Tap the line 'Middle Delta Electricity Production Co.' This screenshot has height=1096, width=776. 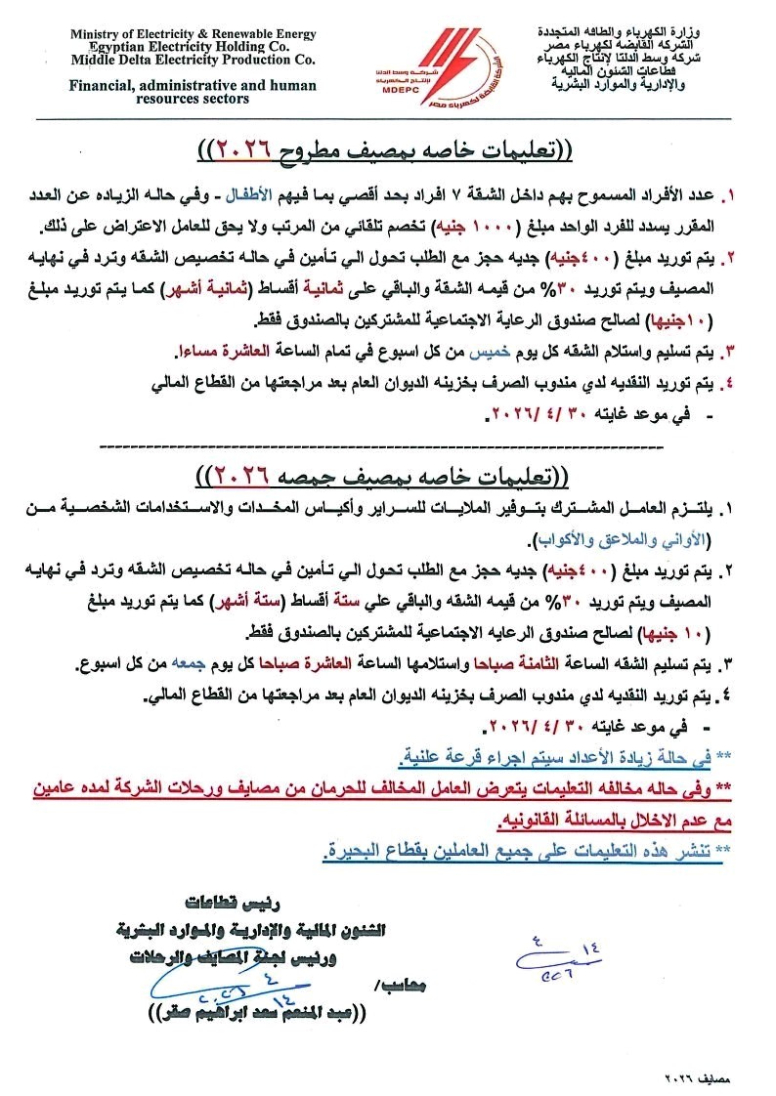[x=193, y=59]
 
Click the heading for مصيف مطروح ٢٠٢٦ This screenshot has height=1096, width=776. [x=387, y=149]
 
